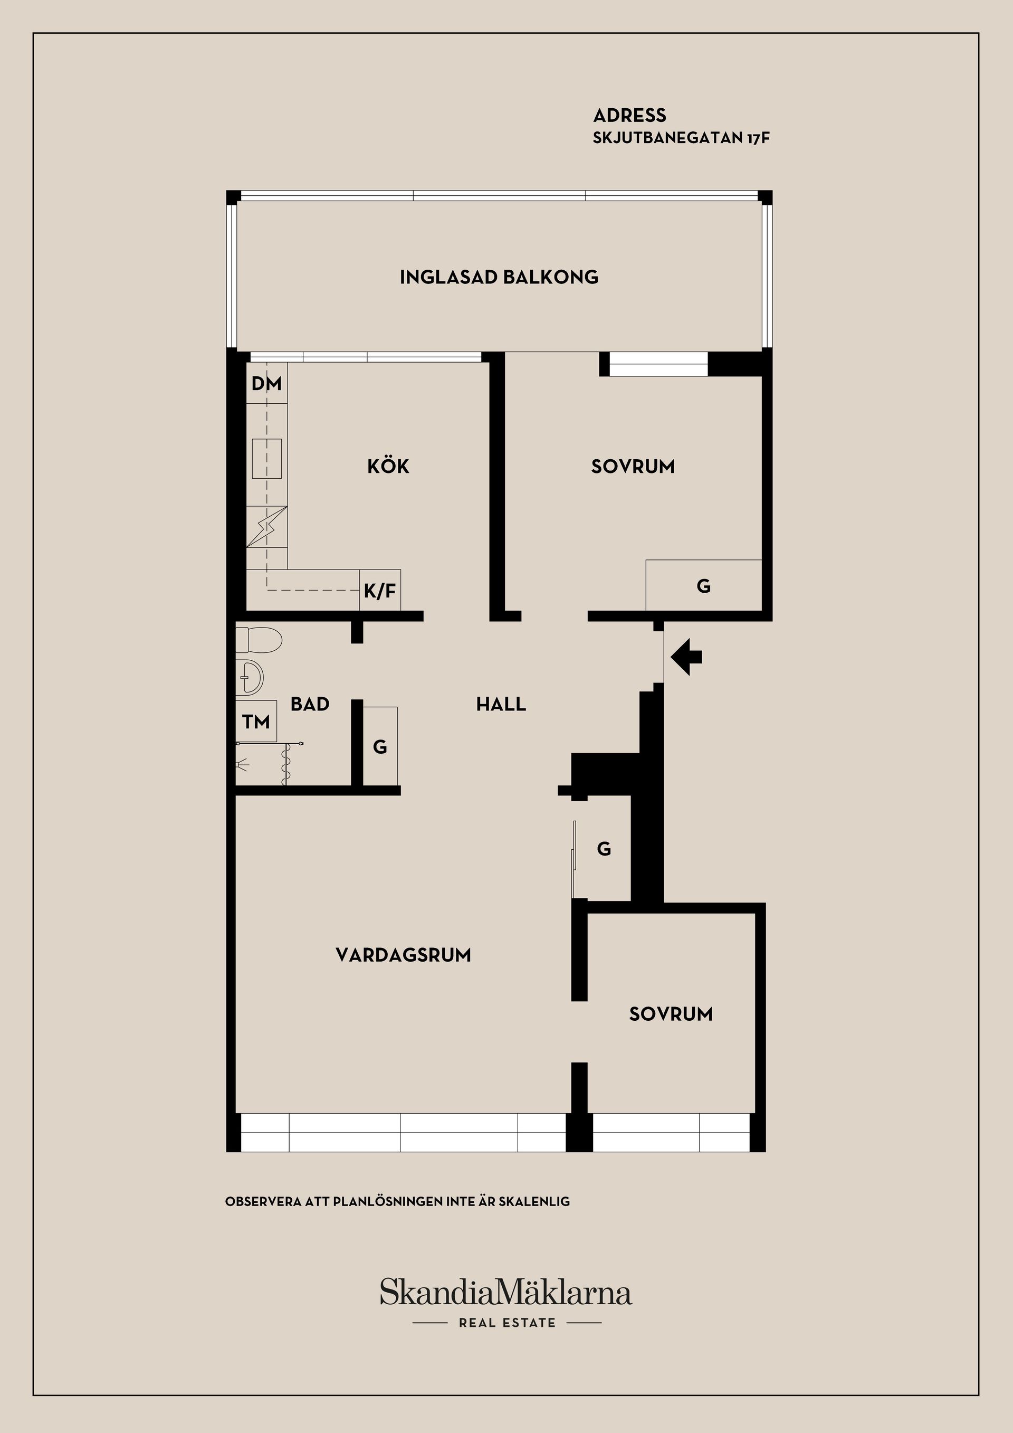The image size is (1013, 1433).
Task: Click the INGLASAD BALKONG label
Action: point(499,277)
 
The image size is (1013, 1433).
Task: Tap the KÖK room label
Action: point(388,466)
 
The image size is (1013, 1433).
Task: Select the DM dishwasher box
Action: point(266,383)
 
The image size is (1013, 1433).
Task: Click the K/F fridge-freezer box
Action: point(380,591)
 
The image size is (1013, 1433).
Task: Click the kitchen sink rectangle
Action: point(266,458)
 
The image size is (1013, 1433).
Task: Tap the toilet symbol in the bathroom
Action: point(258,640)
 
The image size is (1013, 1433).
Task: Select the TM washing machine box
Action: point(256,722)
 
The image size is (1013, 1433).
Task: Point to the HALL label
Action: point(501,704)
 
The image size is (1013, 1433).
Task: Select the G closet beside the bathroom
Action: point(380,746)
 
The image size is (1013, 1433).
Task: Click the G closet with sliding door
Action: point(603,849)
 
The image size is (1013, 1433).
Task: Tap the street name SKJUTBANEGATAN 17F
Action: point(681,138)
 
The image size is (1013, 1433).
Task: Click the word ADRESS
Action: point(629,116)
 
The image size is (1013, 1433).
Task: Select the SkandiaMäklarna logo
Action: point(506,1292)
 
